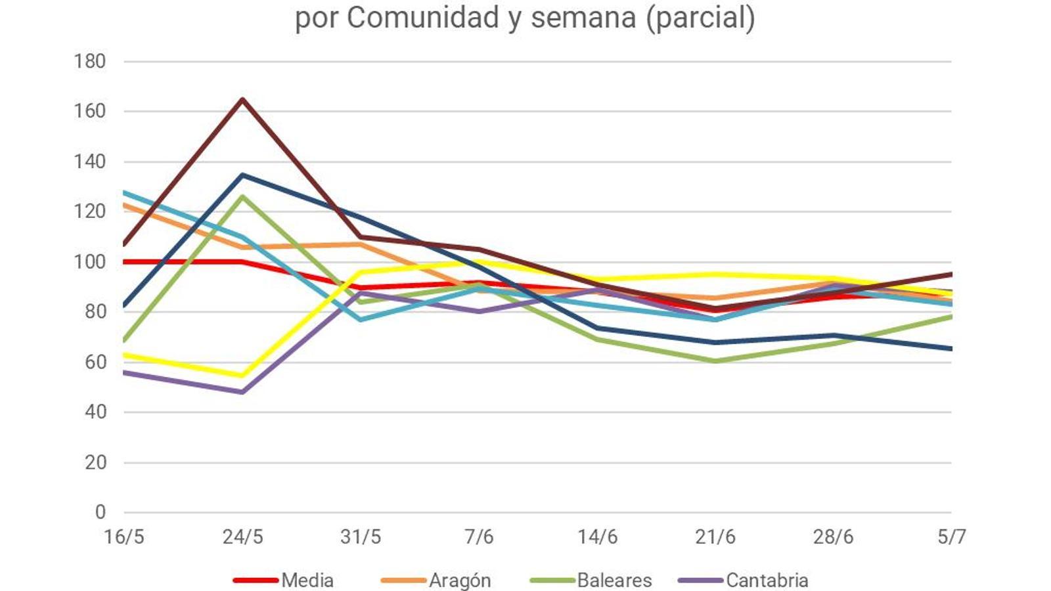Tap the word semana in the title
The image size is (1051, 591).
click(x=583, y=18)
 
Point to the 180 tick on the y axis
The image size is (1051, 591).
click(x=90, y=61)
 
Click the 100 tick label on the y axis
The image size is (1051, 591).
click(x=90, y=262)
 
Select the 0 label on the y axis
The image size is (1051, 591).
click(x=100, y=512)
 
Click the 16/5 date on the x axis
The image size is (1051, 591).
click(x=124, y=537)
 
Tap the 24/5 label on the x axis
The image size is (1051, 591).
click(x=242, y=537)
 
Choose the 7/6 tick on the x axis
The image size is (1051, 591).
click(x=479, y=537)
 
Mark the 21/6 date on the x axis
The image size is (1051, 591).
click(x=715, y=537)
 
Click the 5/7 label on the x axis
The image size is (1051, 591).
click(x=952, y=537)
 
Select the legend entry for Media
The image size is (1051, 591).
click(x=307, y=580)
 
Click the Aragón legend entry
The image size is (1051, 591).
click(x=460, y=580)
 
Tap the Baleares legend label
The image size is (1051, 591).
click(x=614, y=580)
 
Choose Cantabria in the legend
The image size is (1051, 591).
click(x=767, y=580)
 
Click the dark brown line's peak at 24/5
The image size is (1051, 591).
click(x=242, y=99)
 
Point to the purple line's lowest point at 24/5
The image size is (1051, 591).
click(x=242, y=392)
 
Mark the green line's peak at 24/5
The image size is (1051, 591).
click(x=242, y=196)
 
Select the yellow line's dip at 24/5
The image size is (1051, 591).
click(x=242, y=376)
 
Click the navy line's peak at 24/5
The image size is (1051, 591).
click(x=242, y=175)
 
